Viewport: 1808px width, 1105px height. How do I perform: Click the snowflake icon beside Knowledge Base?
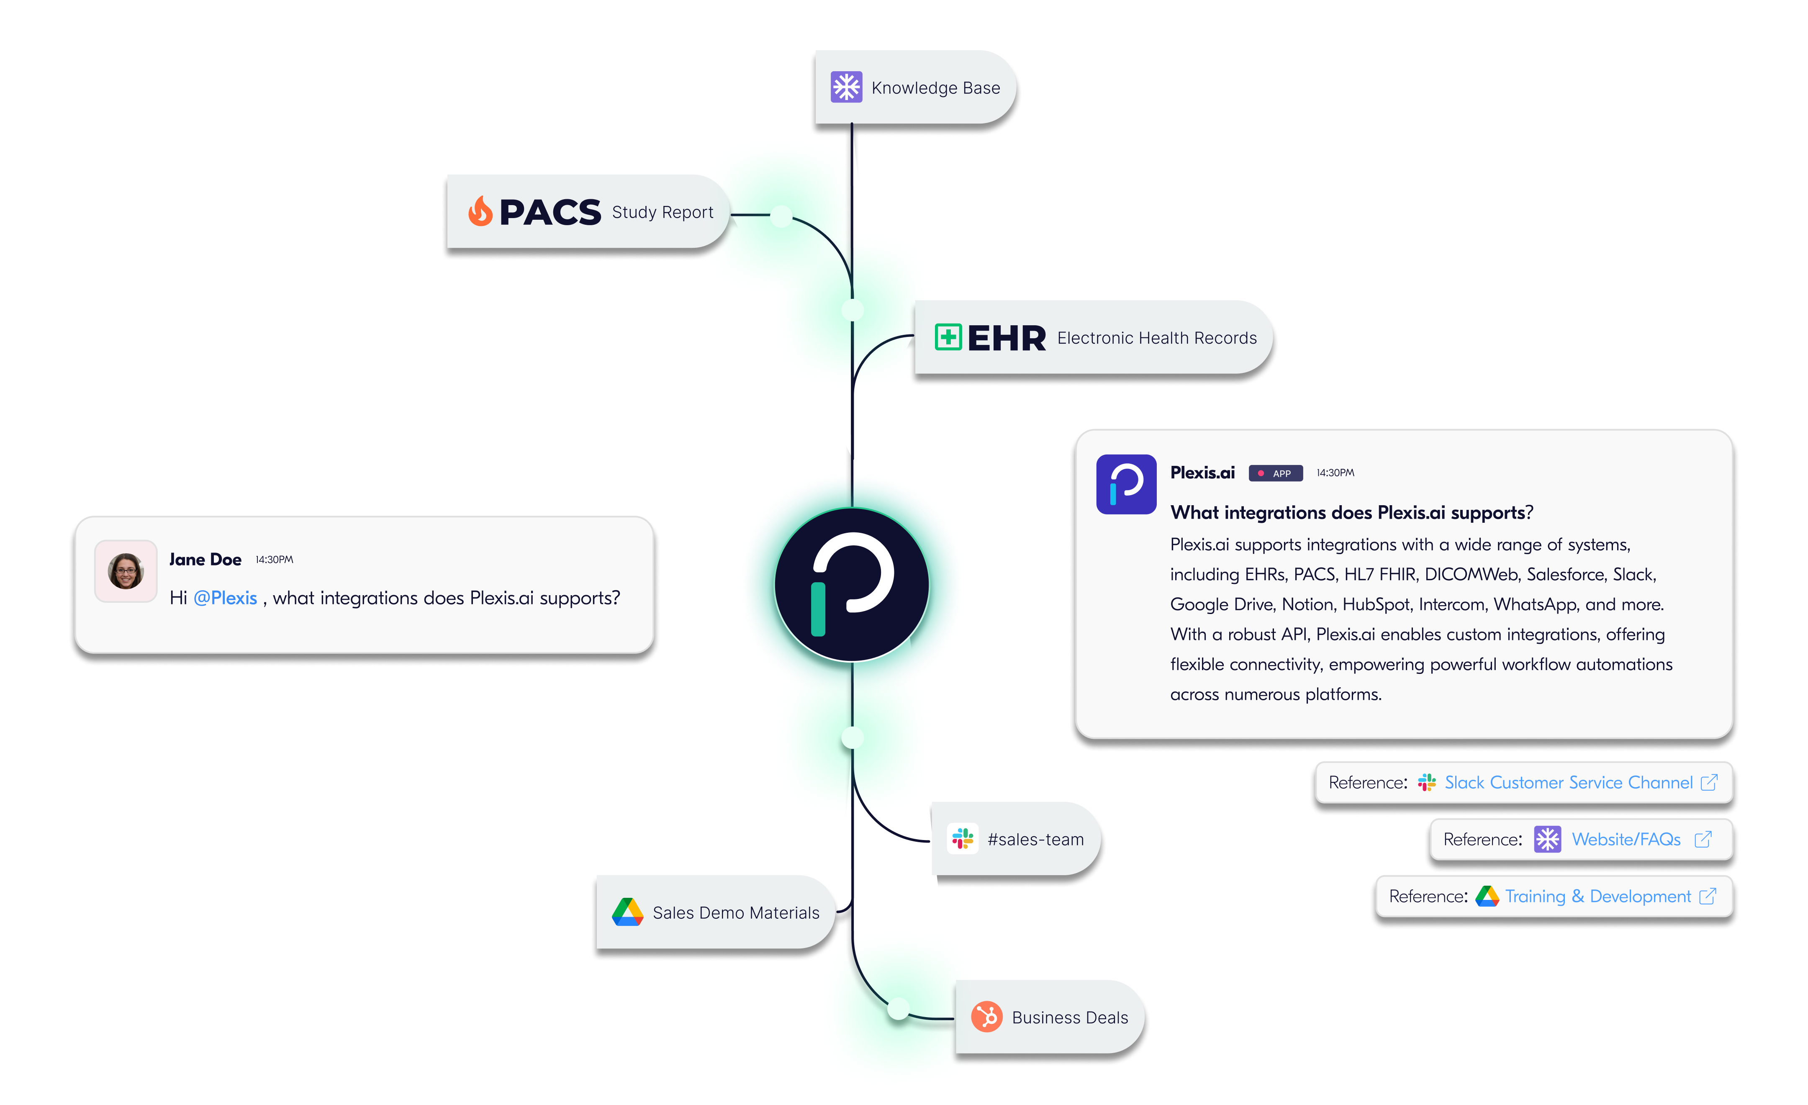click(x=846, y=87)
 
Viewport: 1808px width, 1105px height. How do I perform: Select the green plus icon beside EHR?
click(x=948, y=337)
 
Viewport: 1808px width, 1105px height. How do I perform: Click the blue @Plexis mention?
click(x=225, y=598)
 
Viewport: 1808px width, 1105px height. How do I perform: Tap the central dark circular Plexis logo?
click(x=852, y=585)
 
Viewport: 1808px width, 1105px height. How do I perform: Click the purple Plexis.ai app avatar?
click(x=1125, y=484)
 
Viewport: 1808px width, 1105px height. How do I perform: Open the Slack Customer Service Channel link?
click(x=1568, y=782)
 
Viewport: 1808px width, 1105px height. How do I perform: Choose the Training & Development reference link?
click(x=1597, y=897)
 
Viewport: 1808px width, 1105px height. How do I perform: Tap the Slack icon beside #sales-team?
click(x=963, y=839)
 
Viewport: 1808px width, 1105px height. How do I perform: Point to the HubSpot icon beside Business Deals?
click(x=987, y=1017)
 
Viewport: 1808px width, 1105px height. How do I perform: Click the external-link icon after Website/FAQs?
click(x=1703, y=839)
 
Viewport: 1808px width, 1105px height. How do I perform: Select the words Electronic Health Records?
click(x=1156, y=338)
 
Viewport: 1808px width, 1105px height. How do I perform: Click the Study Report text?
click(x=662, y=212)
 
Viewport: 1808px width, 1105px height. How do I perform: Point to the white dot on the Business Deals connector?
click(x=899, y=1009)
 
